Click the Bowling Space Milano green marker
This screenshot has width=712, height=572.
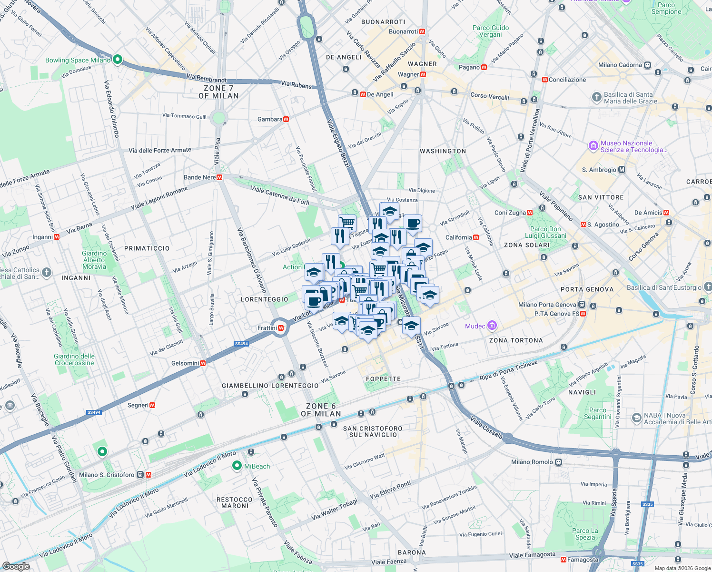tap(118, 60)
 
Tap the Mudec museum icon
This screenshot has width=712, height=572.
tap(492, 326)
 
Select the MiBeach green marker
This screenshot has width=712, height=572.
tap(237, 466)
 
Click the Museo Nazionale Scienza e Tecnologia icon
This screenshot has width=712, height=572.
tap(593, 146)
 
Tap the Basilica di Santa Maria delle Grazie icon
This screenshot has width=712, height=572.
tap(596, 98)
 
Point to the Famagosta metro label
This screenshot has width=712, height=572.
tap(583, 560)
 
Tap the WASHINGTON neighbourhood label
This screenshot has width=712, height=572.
tap(443, 151)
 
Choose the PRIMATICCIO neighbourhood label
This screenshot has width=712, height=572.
tap(147, 248)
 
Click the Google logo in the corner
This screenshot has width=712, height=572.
tap(16, 566)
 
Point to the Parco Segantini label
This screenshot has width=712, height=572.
tap(597, 413)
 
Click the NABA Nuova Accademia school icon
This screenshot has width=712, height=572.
tap(636, 418)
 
